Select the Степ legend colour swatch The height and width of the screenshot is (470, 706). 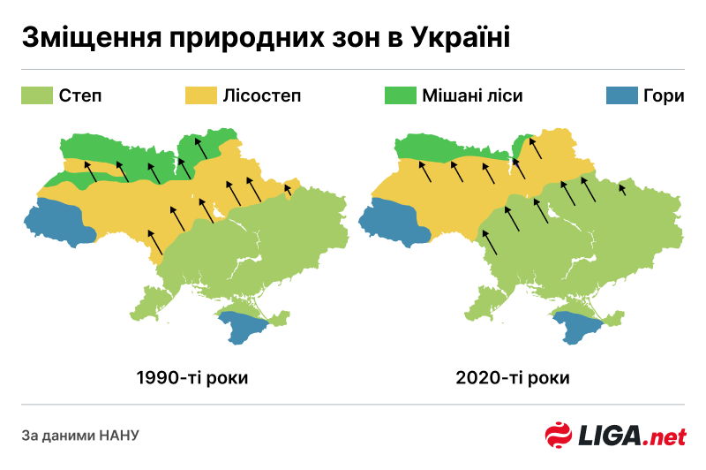pos(37,95)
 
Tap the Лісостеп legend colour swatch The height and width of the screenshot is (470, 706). pos(200,95)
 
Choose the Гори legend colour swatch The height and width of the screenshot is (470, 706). pos(624,95)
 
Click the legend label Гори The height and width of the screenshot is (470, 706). pos(665,95)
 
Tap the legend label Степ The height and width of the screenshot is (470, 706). pos(80,95)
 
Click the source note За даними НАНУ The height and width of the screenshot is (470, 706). pos(80,435)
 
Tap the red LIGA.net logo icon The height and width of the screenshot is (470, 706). pos(558,436)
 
